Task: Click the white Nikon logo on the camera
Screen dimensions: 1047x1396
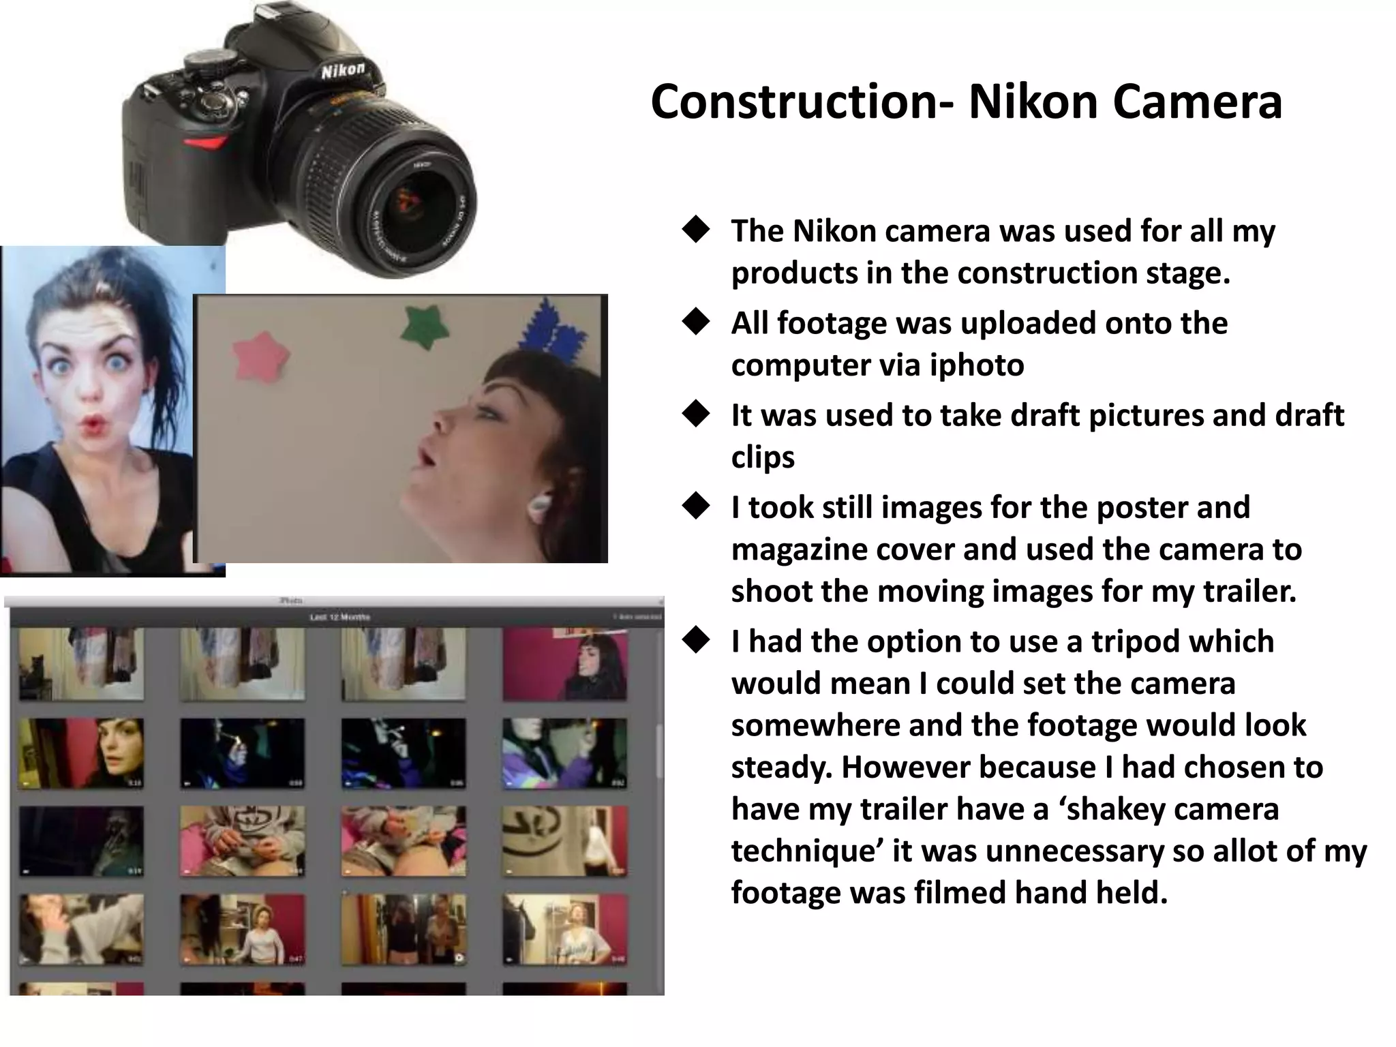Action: pos(343,70)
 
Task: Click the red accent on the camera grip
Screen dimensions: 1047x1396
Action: pos(205,143)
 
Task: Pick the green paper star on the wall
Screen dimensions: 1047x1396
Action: pos(423,326)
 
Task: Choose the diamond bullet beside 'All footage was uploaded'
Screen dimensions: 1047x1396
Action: pos(696,322)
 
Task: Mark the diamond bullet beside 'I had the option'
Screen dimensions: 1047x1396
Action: pos(696,640)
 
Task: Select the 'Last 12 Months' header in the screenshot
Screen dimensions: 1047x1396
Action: pos(339,617)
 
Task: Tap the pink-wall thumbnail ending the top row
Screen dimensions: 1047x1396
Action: pos(564,664)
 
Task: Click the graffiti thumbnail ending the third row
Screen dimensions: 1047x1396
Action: pos(564,840)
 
